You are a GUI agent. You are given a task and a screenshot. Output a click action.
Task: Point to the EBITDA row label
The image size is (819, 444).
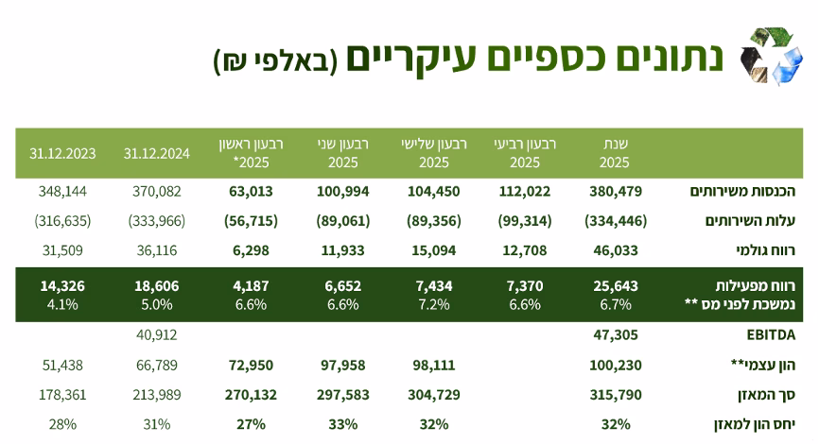pyautogui.click(x=769, y=334)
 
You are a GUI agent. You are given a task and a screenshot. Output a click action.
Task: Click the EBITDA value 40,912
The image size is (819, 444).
pyautogui.click(x=157, y=334)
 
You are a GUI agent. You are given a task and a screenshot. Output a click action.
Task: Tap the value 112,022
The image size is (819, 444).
pyautogui.click(x=524, y=191)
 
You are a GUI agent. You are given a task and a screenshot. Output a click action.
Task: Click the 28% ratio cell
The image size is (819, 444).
pyautogui.click(x=62, y=424)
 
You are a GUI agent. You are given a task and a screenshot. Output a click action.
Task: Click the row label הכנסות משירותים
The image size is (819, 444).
pyautogui.click(x=753, y=191)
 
